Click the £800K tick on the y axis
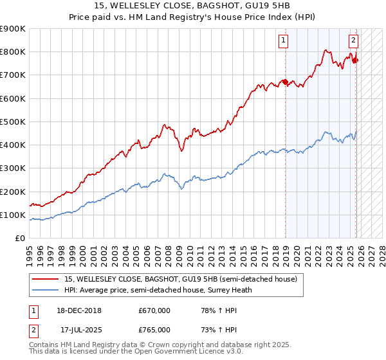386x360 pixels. tap(12, 52)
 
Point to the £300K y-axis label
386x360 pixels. tap(12, 168)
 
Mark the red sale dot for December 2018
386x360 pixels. tap(286, 82)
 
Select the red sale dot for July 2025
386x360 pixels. tap(355, 60)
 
